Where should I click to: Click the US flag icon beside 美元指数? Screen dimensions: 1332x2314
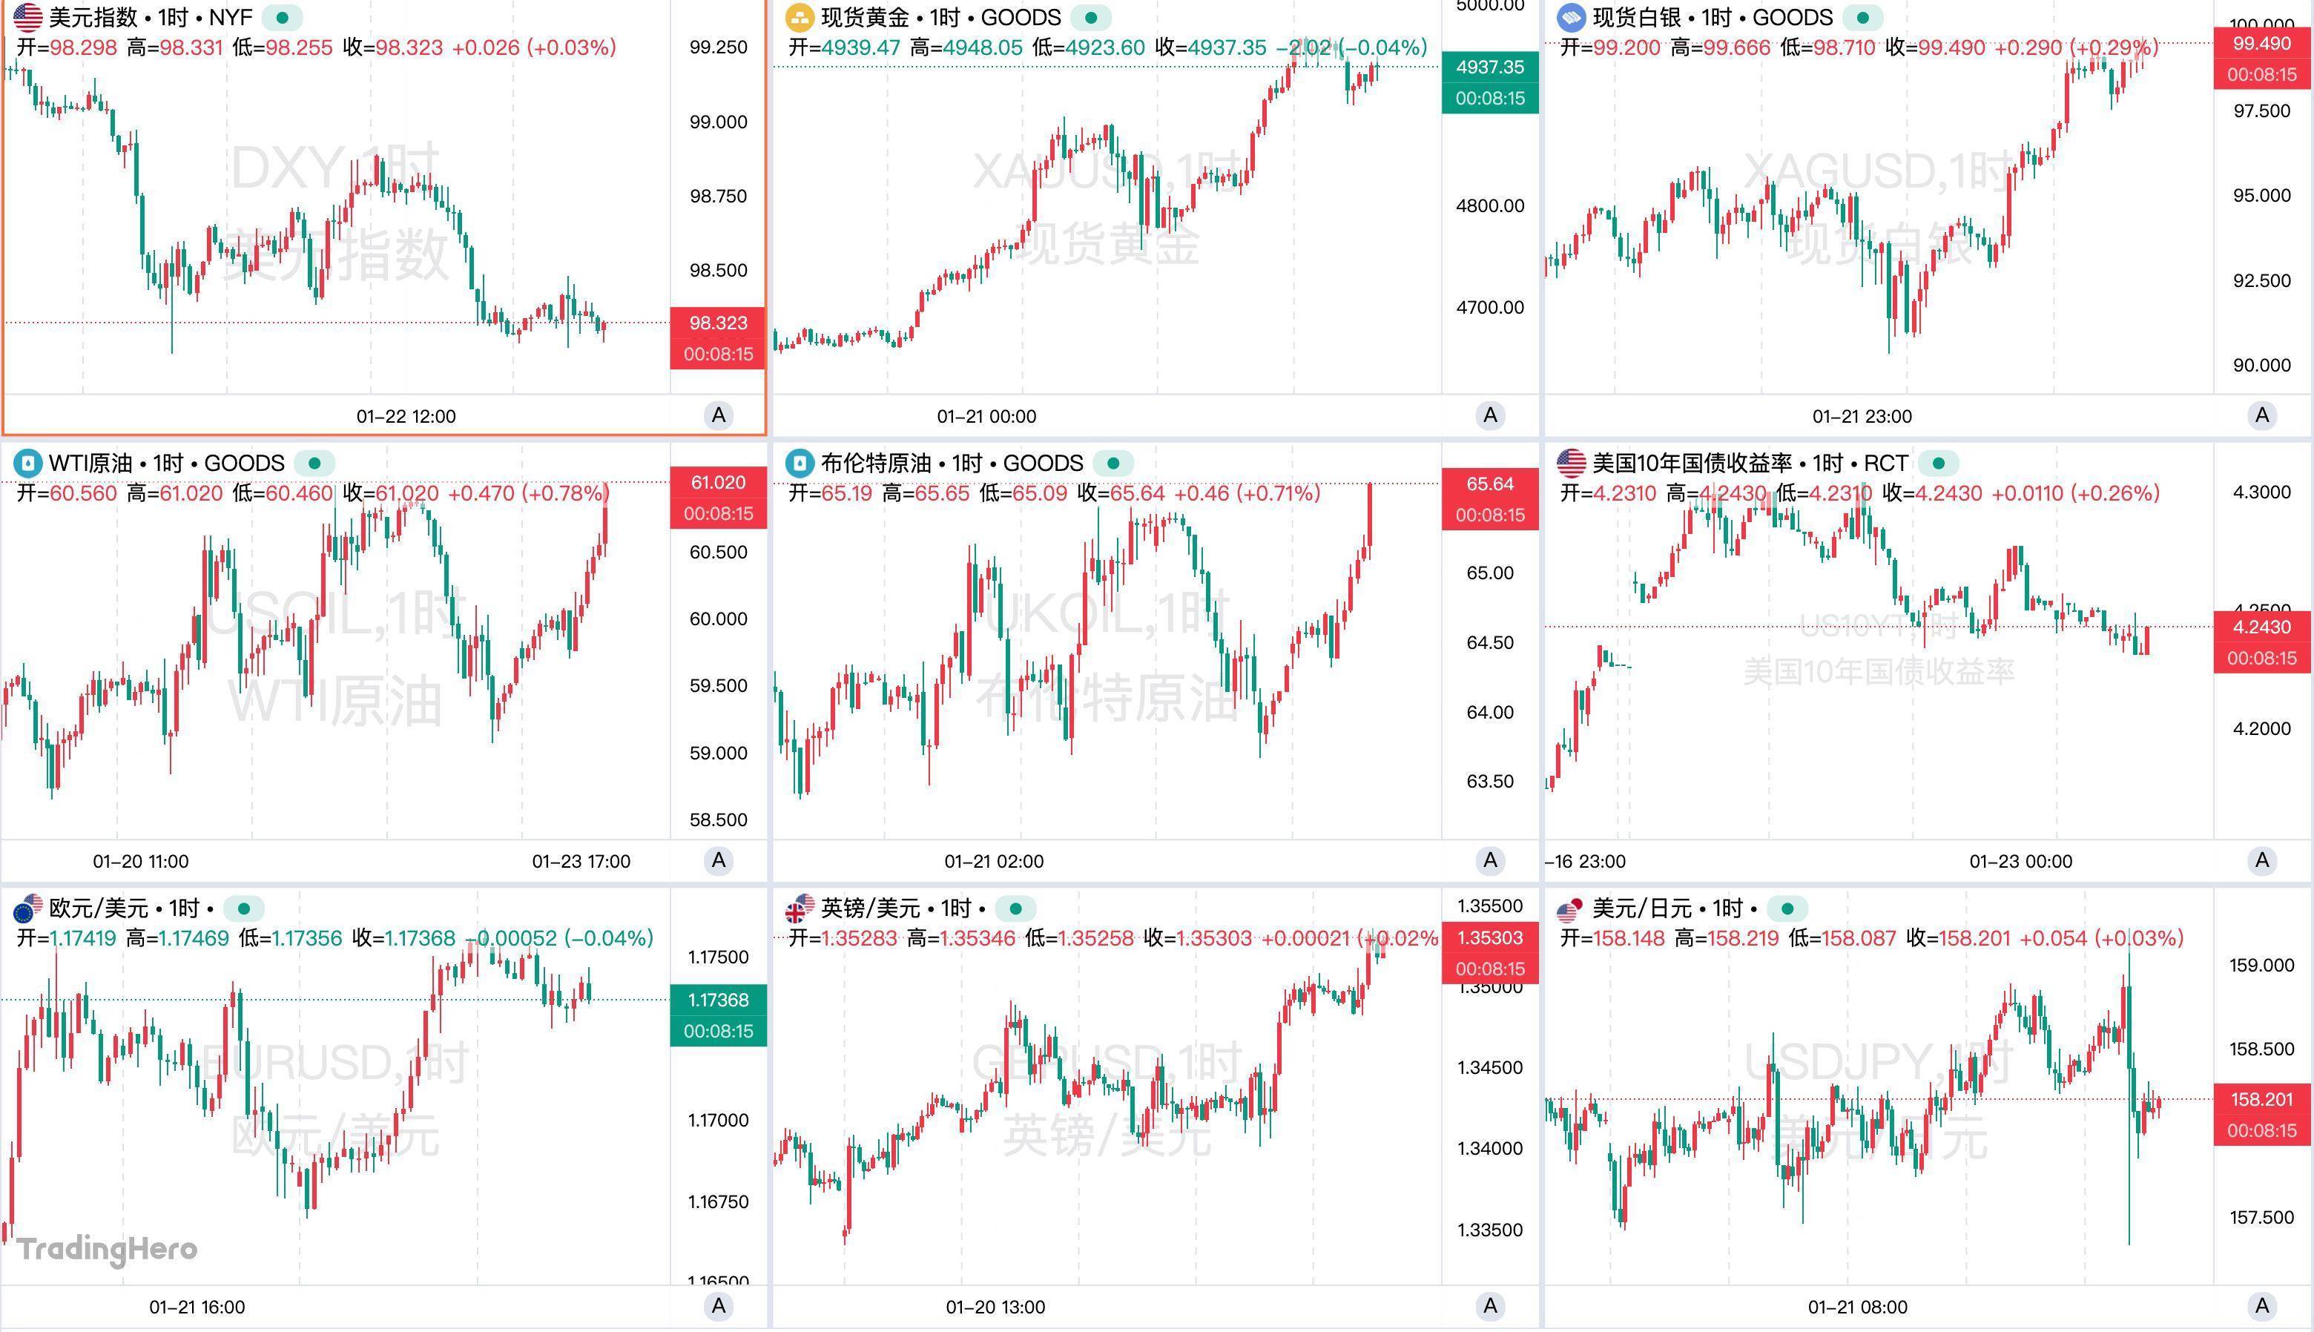point(28,17)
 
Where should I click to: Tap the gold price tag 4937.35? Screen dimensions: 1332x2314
point(1490,67)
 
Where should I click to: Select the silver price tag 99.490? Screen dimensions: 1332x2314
point(2262,44)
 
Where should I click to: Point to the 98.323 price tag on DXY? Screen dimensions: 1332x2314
point(718,323)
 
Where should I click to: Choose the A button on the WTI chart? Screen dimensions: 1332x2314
point(719,860)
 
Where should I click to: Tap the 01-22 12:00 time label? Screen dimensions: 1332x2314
point(406,416)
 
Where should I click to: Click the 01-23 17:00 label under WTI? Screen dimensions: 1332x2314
point(581,862)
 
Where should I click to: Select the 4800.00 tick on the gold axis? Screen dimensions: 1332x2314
point(1490,206)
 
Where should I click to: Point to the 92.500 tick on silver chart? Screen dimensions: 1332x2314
point(2262,281)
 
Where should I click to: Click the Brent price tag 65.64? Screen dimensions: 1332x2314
point(1490,484)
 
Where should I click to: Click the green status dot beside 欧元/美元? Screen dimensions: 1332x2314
point(243,909)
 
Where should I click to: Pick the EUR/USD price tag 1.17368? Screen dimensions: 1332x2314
point(718,1000)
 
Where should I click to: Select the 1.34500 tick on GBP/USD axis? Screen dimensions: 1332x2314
point(1490,1068)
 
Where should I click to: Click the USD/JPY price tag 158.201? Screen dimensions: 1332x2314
point(2262,1100)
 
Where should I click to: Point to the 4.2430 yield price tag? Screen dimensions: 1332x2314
point(2262,627)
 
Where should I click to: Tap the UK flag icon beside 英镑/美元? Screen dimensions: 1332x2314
point(800,909)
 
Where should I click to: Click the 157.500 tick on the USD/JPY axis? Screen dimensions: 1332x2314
point(2262,1218)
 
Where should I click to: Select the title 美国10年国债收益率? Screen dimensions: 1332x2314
point(1692,463)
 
